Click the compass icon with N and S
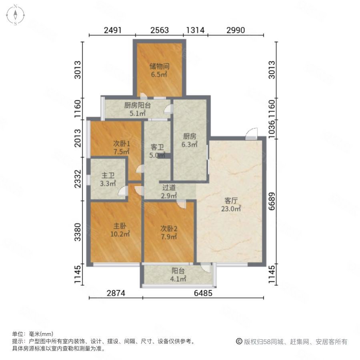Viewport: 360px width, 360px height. pos(15,15)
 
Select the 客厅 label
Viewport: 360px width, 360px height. pos(232,201)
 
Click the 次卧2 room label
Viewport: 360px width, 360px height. pos(169,228)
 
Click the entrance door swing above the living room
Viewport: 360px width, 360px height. pos(251,134)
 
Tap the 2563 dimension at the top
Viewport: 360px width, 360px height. pos(159,30)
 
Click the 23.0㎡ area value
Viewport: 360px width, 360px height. pos(232,208)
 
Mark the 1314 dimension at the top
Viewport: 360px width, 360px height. pos(196,30)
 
